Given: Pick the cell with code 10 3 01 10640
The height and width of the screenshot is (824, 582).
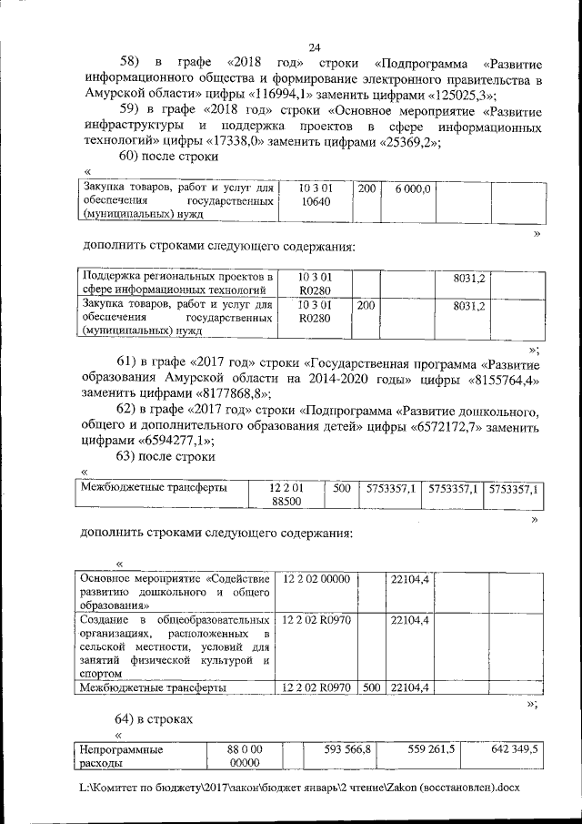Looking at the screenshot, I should (315, 196).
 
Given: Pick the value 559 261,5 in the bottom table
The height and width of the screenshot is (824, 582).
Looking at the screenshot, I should (431, 749).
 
